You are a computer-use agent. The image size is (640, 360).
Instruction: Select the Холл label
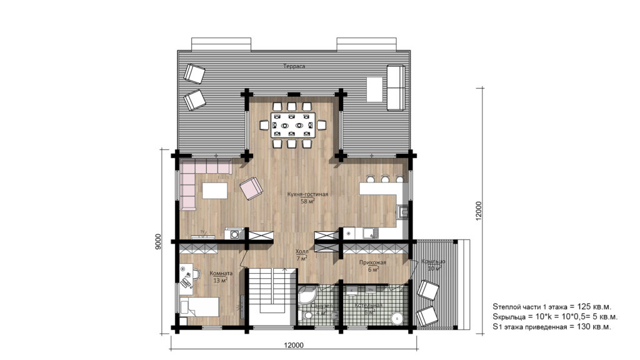(x=301, y=251)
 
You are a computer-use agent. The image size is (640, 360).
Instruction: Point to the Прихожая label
(x=372, y=262)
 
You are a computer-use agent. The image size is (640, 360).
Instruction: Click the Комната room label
(x=221, y=273)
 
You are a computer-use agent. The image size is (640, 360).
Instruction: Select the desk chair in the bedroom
(x=196, y=274)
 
